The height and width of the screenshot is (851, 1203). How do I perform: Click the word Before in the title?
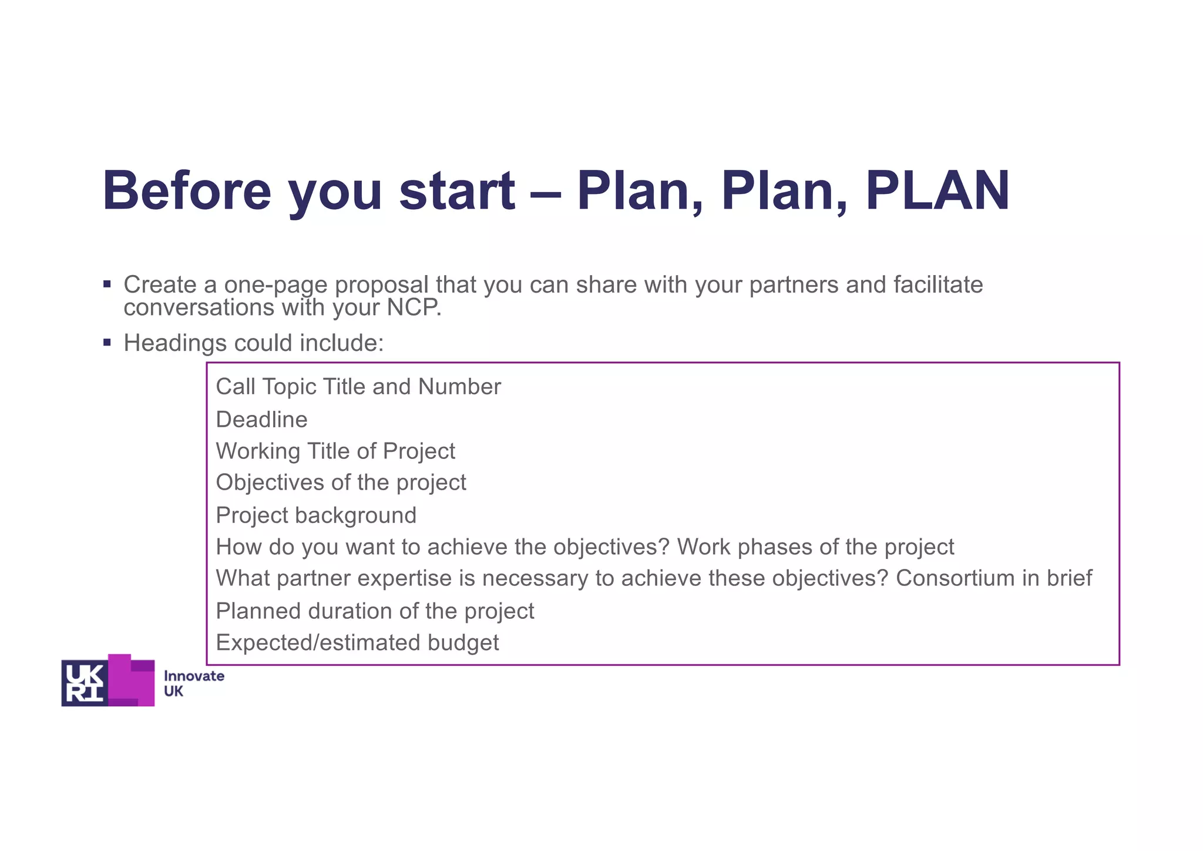(x=187, y=191)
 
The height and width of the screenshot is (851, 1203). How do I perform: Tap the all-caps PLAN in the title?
(x=937, y=191)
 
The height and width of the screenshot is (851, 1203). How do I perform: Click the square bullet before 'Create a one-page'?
(x=107, y=284)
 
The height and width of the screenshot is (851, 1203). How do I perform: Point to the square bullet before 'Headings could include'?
(x=107, y=343)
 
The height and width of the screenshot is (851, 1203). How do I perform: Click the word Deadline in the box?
(x=261, y=420)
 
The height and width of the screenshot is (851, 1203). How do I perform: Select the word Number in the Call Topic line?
(x=459, y=387)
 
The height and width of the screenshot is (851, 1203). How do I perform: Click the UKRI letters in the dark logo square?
(x=85, y=682)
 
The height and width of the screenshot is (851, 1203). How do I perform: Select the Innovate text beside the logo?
(x=194, y=676)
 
